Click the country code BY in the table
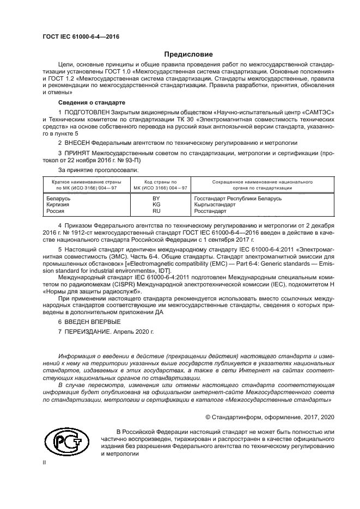pyautogui.click(x=156, y=199)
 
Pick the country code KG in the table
pyautogui.click(x=156, y=205)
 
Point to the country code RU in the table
pyautogui.click(x=156, y=211)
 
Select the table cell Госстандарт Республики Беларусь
pyautogui.click(x=237, y=199)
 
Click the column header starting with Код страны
pyautogui.click(x=160, y=184)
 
